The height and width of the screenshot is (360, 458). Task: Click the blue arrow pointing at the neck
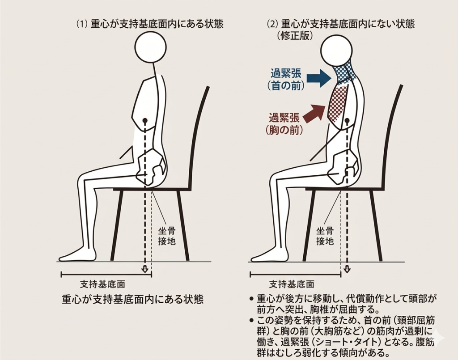[319, 78]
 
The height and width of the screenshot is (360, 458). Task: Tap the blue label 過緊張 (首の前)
[286, 79]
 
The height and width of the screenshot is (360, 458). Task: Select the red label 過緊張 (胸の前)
[284, 124]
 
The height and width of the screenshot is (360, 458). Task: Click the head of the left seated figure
[151, 47]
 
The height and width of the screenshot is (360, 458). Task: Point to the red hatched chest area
[338, 104]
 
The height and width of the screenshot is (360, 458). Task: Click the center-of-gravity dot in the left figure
[144, 120]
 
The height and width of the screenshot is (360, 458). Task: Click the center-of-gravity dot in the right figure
[347, 121]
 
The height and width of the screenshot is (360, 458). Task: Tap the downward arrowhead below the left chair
[144, 269]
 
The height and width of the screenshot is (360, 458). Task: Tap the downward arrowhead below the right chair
[347, 269]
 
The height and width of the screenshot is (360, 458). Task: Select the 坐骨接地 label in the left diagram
[167, 237]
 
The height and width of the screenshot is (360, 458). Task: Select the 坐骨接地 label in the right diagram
[325, 237]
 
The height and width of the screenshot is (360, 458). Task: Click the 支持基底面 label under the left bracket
[103, 284]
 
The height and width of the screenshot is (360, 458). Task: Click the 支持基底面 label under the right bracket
[292, 284]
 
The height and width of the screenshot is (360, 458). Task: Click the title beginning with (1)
[149, 24]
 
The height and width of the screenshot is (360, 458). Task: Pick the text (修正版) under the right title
[295, 36]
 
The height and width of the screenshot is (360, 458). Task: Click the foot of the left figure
[78, 254]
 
